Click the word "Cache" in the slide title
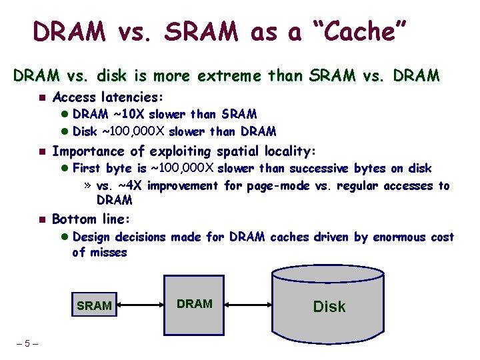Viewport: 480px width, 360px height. (x=355, y=31)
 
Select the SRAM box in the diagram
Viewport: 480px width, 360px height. (x=94, y=306)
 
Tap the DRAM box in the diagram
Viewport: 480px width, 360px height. (x=195, y=304)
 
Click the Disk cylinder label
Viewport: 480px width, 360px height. (x=329, y=307)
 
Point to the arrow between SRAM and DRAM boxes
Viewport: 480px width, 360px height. (x=140, y=305)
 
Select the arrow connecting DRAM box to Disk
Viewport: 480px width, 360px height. (x=249, y=305)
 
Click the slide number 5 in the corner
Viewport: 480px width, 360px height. (x=27, y=344)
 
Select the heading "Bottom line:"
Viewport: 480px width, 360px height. (x=91, y=219)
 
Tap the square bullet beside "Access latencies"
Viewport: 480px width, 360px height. (x=40, y=97)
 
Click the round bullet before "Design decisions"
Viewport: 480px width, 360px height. (x=65, y=237)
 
